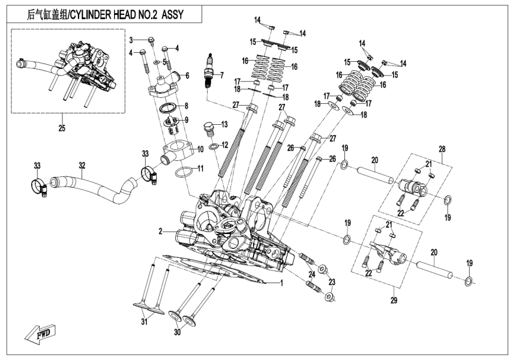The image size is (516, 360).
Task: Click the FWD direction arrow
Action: point(39,332)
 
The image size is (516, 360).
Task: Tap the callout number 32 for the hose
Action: point(83,164)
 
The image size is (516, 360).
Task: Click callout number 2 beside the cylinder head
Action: point(160,231)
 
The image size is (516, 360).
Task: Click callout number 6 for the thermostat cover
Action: point(187,76)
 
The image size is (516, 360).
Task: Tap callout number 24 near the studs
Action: point(311,274)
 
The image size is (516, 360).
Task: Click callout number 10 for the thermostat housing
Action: point(200,148)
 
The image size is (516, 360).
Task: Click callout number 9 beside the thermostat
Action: point(185,119)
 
